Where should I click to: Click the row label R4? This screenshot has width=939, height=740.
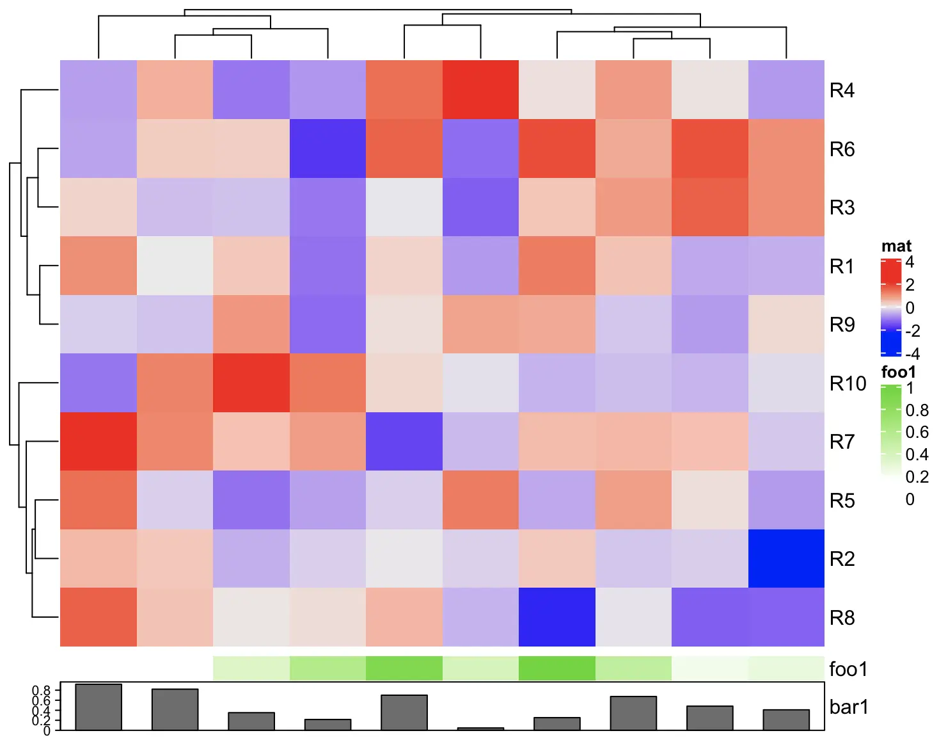[842, 90]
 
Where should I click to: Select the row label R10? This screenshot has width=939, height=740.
[848, 383]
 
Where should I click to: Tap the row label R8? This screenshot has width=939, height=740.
[842, 618]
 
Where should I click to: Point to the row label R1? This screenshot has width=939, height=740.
[842, 266]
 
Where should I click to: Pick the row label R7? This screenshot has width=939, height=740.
[842, 442]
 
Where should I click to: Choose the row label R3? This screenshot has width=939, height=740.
[842, 207]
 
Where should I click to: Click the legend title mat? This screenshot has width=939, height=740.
[896, 246]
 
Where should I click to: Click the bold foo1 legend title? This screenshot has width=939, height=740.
[898, 372]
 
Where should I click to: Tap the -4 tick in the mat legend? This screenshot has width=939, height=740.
[912, 353]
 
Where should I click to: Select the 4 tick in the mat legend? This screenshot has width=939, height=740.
[910, 262]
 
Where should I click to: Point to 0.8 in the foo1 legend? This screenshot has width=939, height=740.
[917, 410]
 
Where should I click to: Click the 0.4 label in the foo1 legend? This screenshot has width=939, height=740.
[917, 454]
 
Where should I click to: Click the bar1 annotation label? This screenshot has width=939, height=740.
[849, 707]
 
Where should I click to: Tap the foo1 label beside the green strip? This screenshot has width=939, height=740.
[848, 669]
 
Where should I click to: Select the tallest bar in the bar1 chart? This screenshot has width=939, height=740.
[99, 707]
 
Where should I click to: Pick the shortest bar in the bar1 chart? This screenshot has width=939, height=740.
[480, 728]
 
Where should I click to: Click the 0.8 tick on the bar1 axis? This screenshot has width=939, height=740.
[42, 691]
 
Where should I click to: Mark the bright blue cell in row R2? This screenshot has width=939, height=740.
[786, 559]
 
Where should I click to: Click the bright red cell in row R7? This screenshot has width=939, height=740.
[99, 442]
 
